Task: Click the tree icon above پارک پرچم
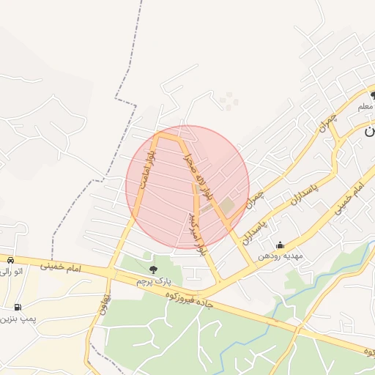point(152,271)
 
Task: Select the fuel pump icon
point(17,307)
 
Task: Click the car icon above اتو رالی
point(10,260)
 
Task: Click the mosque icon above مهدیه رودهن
point(280,245)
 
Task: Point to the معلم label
point(365,107)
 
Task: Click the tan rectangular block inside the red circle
point(224,207)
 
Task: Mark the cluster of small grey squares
point(229,101)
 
